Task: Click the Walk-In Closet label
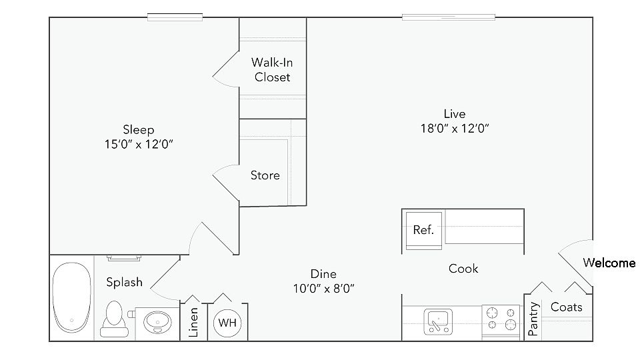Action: point(271,69)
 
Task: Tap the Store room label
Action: point(265,175)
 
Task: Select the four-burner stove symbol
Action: point(501,318)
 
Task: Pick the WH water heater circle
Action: point(227,323)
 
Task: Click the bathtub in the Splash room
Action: point(71,297)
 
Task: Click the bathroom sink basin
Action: point(158,321)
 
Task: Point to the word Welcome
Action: point(609,263)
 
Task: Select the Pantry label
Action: point(534,319)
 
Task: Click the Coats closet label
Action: point(567,307)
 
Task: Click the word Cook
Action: point(463,269)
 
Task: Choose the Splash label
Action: point(125,282)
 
